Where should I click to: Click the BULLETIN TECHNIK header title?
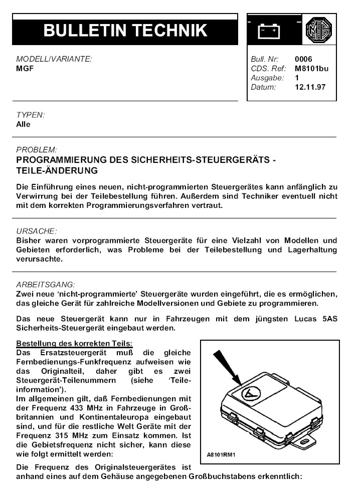125,31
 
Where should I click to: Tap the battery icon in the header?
270,31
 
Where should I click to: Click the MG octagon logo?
317,31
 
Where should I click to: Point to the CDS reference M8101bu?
312,69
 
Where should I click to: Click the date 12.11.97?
310,87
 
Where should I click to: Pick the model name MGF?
25,69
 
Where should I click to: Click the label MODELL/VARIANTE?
54,60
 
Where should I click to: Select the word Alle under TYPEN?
24,124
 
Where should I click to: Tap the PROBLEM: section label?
37,150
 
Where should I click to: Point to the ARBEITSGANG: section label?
46,285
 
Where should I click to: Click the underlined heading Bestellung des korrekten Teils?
74,343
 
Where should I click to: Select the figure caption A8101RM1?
221,455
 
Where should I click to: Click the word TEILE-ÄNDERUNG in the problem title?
57,171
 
